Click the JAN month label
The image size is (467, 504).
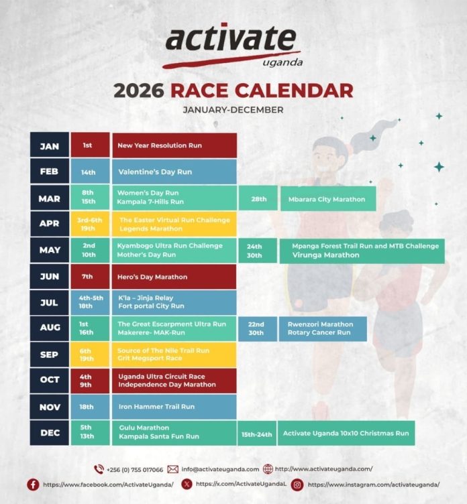coord(49,145)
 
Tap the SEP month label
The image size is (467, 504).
coord(49,354)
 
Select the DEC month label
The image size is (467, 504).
coord(49,432)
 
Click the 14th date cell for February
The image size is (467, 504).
coord(89,172)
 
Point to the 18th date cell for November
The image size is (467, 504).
coord(88,406)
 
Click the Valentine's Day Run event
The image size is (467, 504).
coord(155,172)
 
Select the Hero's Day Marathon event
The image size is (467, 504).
coord(152,276)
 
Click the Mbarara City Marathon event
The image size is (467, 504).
coord(327,199)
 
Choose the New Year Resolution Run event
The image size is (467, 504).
coord(160,145)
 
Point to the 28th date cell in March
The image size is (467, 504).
coord(259,199)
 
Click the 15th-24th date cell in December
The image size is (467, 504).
coord(256,434)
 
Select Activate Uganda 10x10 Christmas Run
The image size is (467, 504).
coord(346,434)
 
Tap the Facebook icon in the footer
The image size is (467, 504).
coord(33,484)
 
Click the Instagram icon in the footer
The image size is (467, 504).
coord(297,484)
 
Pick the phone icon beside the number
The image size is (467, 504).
coord(99,469)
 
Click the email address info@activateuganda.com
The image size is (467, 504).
coord(219,469)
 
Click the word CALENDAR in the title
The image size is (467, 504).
coord(295,90)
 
